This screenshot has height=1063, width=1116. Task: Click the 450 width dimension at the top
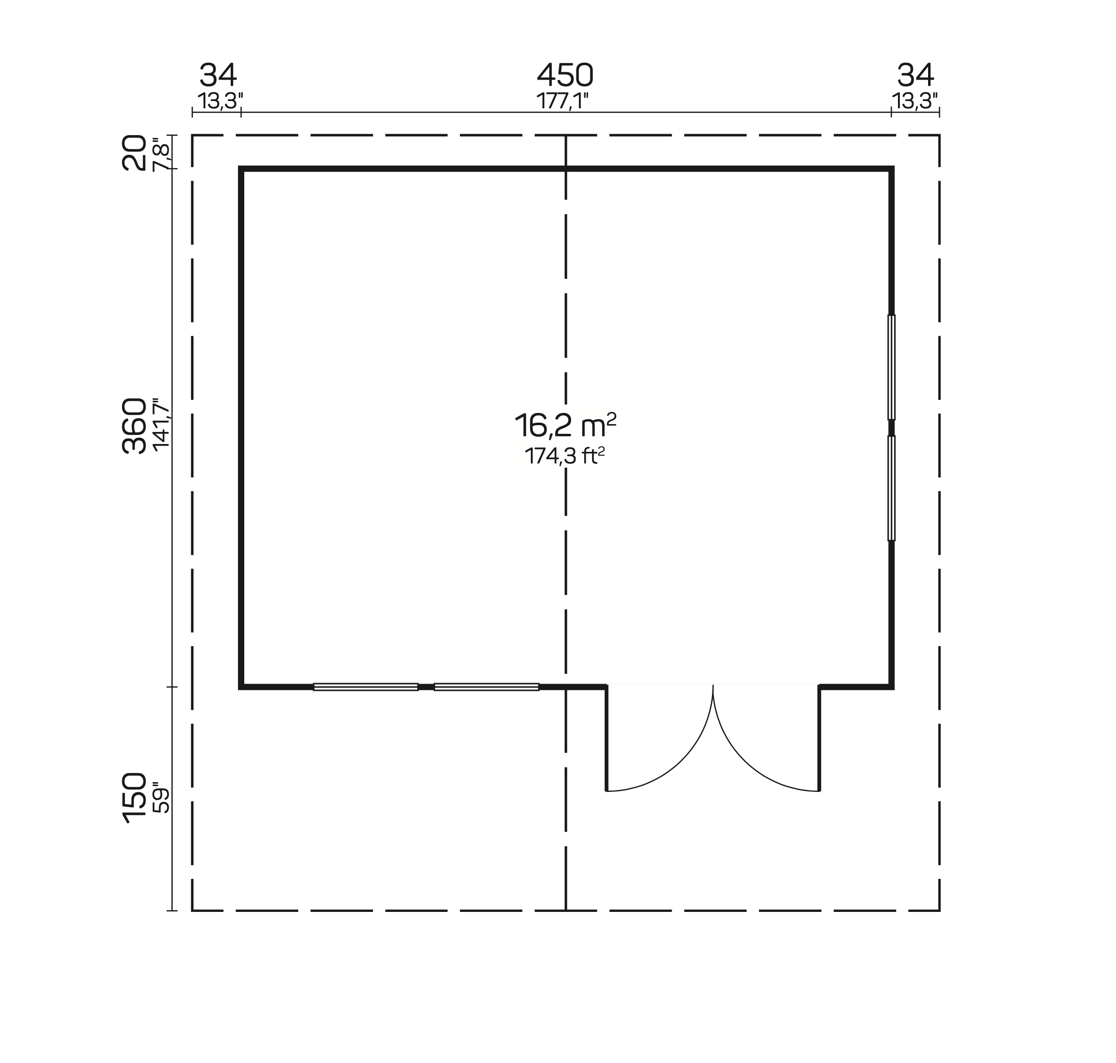pos(565,75)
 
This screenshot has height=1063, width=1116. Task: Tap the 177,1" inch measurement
pos(562,101)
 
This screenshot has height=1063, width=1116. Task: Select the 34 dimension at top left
pos(218,75)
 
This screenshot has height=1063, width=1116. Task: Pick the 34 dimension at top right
pos(915,75)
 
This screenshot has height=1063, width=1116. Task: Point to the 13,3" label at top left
pos(220,101)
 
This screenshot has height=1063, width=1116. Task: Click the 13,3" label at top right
pos(915,101)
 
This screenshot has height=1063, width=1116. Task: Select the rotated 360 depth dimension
pos(134,426)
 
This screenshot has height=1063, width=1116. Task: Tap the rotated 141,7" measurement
pos(161,425)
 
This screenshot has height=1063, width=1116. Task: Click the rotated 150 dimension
pos(134,797)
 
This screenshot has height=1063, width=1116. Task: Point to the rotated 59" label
pos(161,797)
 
